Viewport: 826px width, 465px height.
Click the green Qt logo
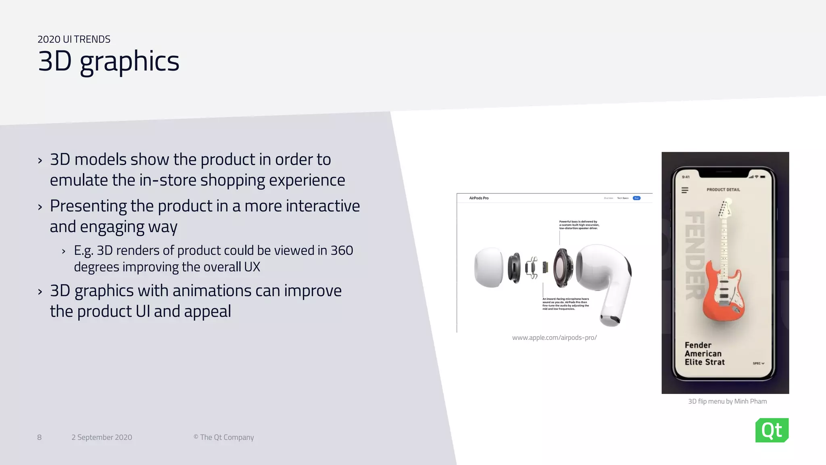pos(772,430)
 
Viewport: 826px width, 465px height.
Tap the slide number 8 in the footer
pos(39,438)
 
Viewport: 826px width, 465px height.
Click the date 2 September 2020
pos(102,438)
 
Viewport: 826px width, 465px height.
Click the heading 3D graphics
pos(108,61)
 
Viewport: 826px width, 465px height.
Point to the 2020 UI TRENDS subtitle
pos(74,39)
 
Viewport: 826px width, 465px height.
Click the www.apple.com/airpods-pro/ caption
pos(554,337)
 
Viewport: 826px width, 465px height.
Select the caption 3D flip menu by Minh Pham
pos(727,401)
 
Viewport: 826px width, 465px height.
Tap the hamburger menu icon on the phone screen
pos(685,190)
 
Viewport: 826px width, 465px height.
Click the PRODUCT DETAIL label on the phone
pos(723,190)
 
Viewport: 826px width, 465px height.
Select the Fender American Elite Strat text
pos(704,354)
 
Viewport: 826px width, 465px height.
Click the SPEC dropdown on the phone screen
pos(758,363)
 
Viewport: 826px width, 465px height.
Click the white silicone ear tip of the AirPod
pos(488,268)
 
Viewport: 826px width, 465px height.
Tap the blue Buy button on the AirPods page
pos(636,198)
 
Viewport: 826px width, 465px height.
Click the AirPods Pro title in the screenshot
pos(479,198)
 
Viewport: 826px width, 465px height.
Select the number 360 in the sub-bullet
pos(342,251)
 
